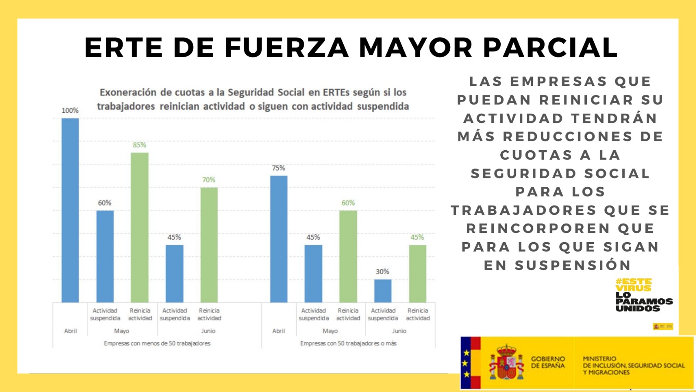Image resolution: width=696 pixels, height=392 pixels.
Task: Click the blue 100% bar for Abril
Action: (70, 210)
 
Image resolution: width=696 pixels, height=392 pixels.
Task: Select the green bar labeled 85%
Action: (140, 227)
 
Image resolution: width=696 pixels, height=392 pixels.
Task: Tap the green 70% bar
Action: (209, 244)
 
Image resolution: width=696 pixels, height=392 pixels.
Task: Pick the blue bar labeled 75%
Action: (279, 239)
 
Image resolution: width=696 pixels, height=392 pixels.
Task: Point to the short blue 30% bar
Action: (383, 291)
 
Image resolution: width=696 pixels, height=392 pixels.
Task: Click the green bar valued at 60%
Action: (348, 256)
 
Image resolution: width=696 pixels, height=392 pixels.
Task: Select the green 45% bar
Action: (418, 273)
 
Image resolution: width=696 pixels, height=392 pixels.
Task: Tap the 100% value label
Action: (70, 111)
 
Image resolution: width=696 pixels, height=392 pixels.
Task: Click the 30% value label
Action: (382, 272)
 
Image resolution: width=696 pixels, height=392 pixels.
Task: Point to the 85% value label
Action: (139, 145)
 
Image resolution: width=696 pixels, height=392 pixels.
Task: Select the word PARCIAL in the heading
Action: (550, 47)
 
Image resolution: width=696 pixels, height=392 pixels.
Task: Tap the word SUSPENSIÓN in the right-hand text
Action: (572, 265)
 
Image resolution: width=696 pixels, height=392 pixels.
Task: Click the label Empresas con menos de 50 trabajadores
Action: (157, 344)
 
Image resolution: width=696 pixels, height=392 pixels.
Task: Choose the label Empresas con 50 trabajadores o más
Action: (348, 344)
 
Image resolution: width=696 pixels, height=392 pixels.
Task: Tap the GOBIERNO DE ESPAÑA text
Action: (548, 362)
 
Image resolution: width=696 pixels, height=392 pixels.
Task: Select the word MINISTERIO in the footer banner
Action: (599, 358)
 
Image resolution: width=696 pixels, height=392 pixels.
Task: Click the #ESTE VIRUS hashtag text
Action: (633, 284)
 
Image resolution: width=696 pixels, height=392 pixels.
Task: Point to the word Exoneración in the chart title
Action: (128, 92)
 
